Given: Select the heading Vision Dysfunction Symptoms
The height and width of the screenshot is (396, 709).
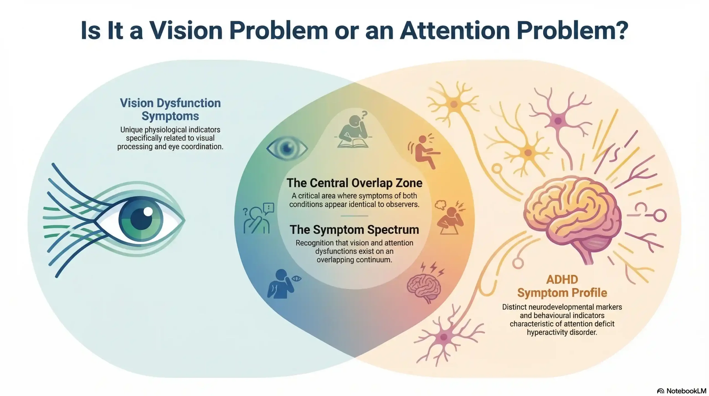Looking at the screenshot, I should pyautogui.click(x=170, y=109).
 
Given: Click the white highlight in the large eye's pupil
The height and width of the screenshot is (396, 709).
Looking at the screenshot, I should pyautogui.click(x=148, y=212).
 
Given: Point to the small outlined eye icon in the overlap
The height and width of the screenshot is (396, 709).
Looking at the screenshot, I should pyautogui.click(x=287, y=148).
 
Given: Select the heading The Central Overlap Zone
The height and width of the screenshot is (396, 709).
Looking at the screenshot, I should pyautogui.click(x=354, y=183).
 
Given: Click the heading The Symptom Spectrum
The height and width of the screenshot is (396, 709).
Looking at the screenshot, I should pyautogui.click(x=354, y=230).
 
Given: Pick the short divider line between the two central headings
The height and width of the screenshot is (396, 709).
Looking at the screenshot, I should pyautogui.click(x=354, y=216).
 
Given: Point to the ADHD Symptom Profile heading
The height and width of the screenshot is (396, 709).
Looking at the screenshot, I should pyautogui.click(x=562, y=286).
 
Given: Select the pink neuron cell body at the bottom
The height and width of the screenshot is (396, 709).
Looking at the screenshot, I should pyautogui.click(x=444, y=337).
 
